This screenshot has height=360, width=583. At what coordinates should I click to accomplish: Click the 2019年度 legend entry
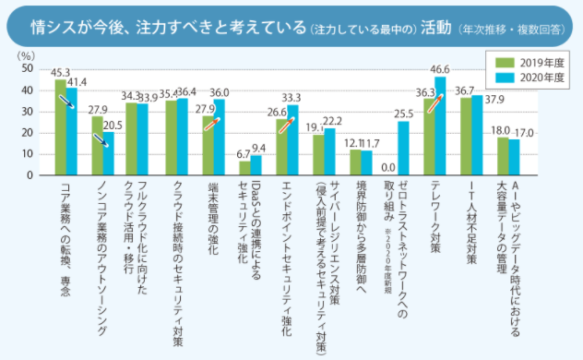[x=523, y=62]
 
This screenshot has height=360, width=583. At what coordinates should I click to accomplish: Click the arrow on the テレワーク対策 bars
[x=434, y=94]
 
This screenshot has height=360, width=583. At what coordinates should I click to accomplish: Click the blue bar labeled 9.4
[x=256, y=165]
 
